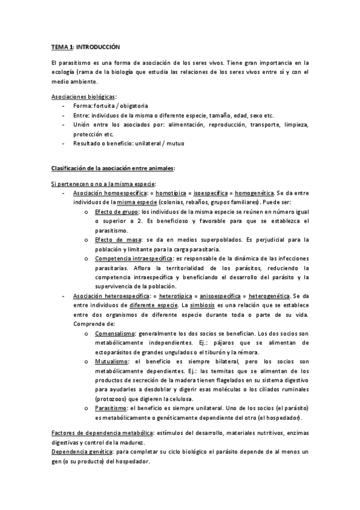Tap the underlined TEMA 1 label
pos(61,46)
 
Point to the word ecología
pos(63,73)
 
